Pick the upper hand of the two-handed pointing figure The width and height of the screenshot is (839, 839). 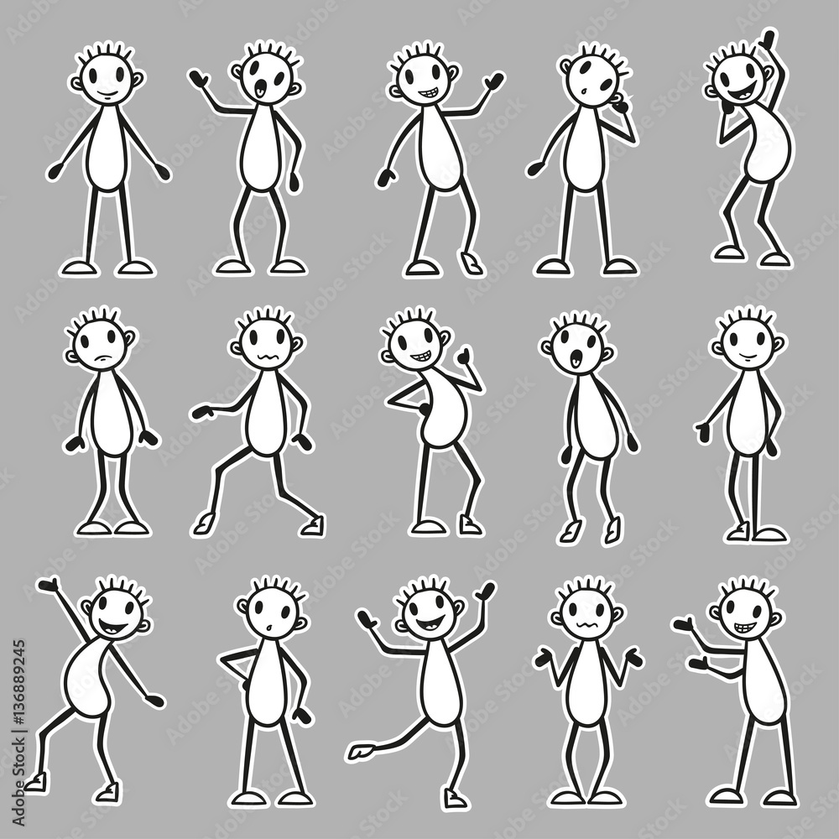pyautogui.click(x=684, y=624)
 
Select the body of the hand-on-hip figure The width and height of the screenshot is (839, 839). pyautogui.click(x=267, y=680)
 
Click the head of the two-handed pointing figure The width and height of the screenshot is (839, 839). pyautogui.click(x=744, y=613)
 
